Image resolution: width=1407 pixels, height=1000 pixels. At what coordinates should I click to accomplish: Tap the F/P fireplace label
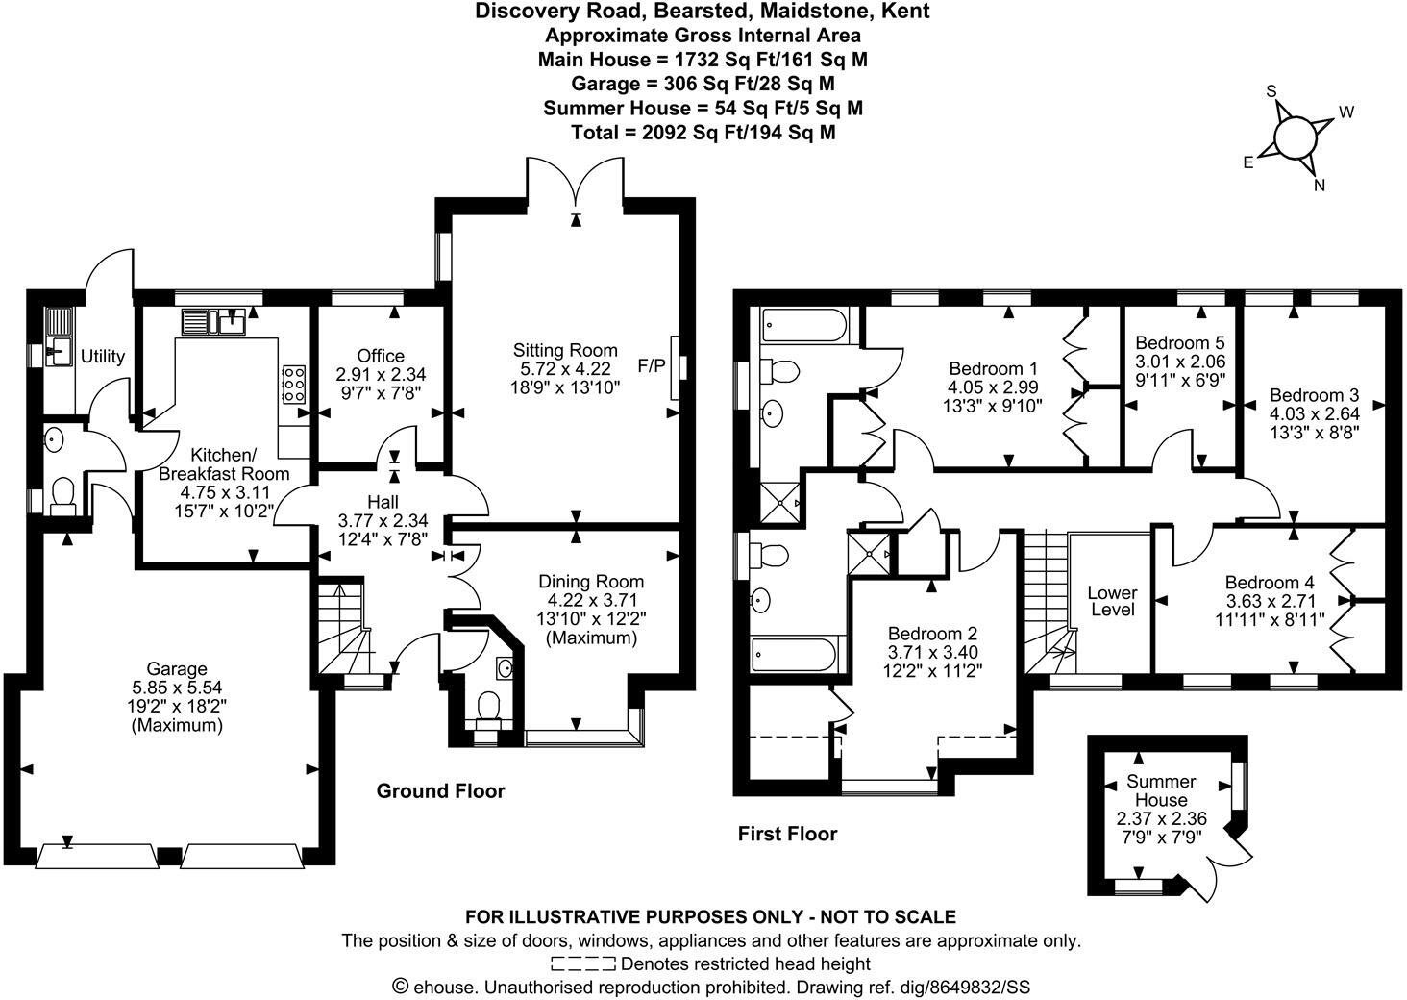point(651,365)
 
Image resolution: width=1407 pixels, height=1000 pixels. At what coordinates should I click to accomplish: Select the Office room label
point(381,356)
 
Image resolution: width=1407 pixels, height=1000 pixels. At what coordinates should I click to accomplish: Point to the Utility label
point(103,357)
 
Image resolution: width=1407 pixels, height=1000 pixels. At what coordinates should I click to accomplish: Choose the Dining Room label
point(590,582)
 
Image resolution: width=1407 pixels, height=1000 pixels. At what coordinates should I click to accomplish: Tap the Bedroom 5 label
point(1179,342)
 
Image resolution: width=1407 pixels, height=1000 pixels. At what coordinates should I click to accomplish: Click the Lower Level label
point(1112,601)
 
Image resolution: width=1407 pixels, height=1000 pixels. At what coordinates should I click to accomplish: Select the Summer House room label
point(1161,790)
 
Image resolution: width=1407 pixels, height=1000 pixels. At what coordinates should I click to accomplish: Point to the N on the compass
point(1320,186)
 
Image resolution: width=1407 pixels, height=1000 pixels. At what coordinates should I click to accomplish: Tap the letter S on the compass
point(1271,91)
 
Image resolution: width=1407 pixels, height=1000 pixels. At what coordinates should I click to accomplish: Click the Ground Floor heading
point(440,791)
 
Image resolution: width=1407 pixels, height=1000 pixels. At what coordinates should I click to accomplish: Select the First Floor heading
point(787,834)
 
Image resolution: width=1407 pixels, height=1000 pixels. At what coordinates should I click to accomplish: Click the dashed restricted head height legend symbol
point(583,963)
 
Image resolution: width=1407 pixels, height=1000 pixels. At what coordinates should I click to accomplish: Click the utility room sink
point(57,354)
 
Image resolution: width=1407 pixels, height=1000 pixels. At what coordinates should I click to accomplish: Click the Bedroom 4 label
point(1269,583)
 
